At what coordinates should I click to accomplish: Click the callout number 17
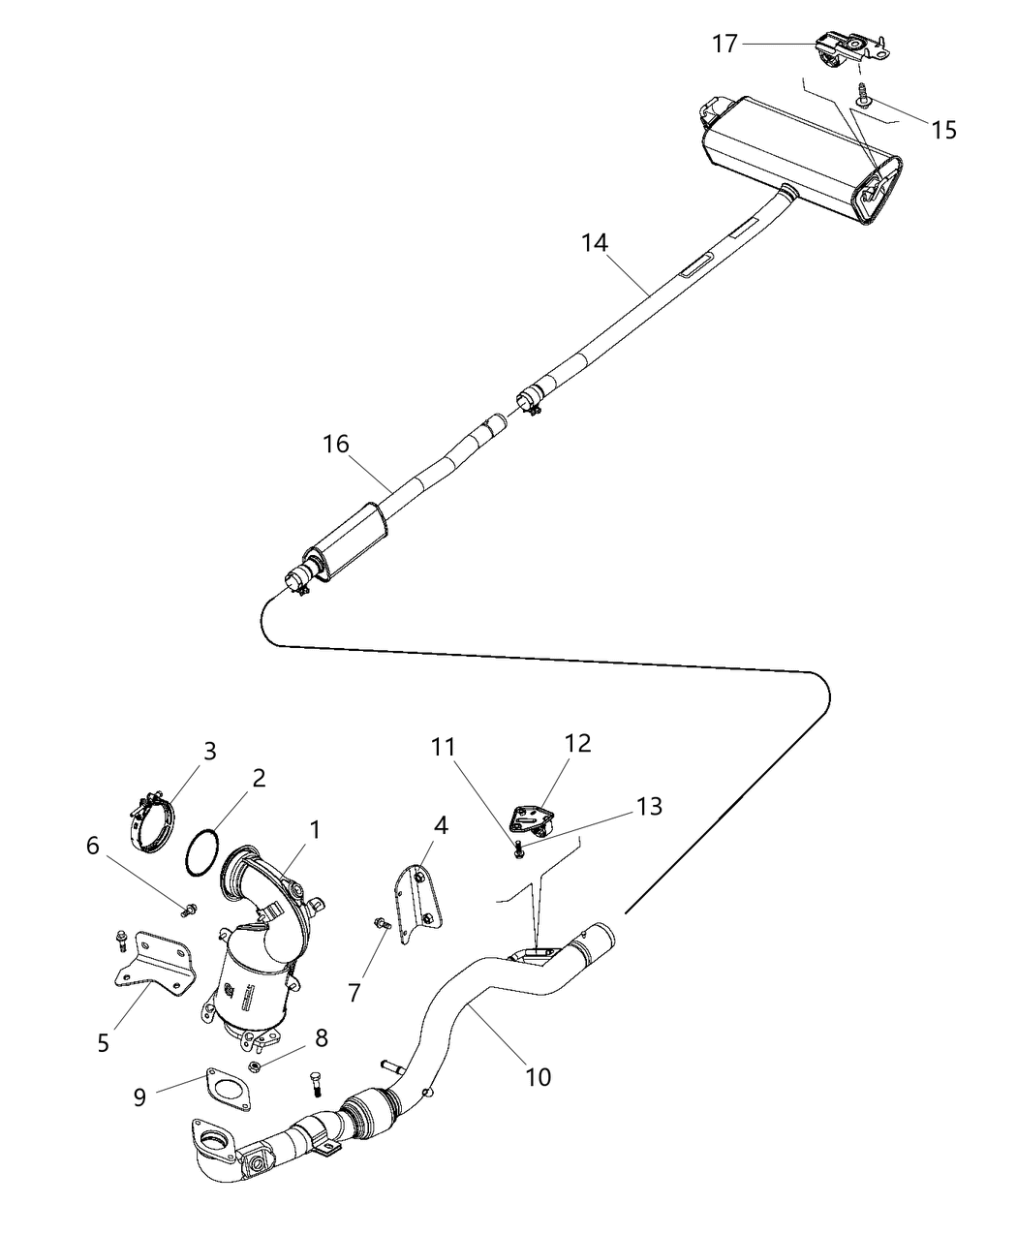(x=724, y=44)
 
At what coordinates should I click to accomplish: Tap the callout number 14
(x=595, y=243)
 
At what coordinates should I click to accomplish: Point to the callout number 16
(x=335, y=445)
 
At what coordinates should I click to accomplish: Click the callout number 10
(x=539, y=1075)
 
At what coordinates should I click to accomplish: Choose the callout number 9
(x=140, y=1097)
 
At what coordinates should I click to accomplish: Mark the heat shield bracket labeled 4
(x=421, y=899)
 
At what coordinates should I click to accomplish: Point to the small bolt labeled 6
(x=191, y=909)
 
